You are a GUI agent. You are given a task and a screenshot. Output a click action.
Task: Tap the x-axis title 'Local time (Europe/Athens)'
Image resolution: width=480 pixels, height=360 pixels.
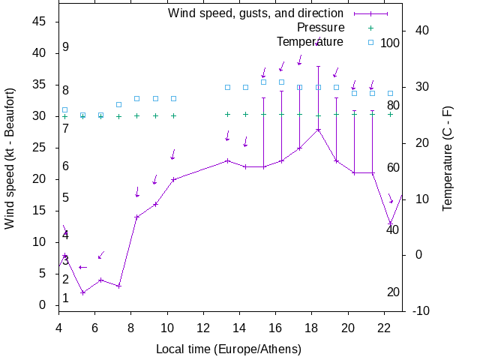pos(228,349)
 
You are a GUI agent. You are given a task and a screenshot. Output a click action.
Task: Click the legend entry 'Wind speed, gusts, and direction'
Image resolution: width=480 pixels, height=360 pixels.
pos(255,13)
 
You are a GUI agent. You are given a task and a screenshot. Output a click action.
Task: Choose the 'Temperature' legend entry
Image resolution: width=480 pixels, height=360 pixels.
pos(310,42)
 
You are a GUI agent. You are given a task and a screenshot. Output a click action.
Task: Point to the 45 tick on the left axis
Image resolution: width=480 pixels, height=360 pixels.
pos(42,22)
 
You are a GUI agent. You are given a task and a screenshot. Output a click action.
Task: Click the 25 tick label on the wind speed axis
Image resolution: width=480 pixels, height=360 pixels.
pos(42,148)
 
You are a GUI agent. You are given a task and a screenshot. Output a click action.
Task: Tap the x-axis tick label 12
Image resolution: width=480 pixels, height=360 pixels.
pos(203,327)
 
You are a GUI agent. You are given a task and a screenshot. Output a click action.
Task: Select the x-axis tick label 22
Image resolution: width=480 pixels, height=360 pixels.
pos(384,327)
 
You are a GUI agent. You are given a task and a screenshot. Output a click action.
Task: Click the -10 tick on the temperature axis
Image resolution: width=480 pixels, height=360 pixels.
pos(420,310)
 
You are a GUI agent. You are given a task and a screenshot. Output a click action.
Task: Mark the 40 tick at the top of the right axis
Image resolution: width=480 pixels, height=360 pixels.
pos(421,31)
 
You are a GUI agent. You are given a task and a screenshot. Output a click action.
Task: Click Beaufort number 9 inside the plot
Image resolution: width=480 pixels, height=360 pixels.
pos(66,47)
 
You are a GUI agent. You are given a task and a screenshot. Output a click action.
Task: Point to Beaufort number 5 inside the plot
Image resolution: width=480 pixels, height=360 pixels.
pos(66,198)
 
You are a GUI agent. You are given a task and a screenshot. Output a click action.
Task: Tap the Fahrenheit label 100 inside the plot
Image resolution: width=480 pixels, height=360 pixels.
pos(390,43)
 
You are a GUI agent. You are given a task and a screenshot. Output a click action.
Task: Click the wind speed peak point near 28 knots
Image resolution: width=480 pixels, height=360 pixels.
pos(318,130)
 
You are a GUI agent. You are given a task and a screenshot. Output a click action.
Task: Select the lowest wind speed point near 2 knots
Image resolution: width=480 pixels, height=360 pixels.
pos(82,292)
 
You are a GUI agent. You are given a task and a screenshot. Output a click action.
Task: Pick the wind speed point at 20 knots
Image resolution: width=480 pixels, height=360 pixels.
pos(173,179)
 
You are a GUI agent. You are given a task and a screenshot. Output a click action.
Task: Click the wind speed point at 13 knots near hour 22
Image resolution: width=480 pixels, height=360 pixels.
pos(390,223)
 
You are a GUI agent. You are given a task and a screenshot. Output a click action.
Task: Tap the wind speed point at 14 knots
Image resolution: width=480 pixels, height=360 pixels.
pos(137,217)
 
